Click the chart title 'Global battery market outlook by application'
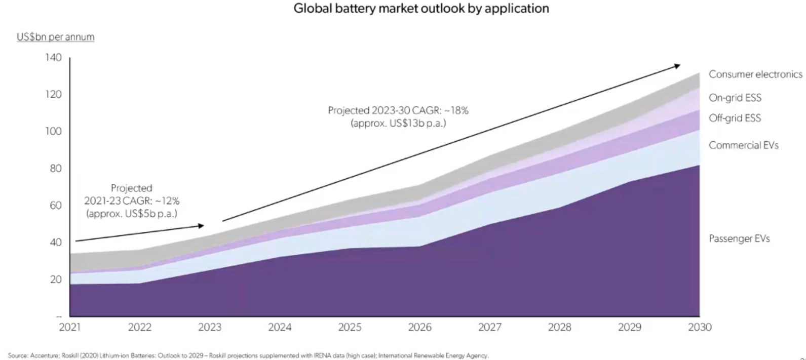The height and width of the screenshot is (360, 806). point(421,9)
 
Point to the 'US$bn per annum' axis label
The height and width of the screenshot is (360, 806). point(55,37)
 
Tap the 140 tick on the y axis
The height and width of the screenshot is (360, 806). point(53,57)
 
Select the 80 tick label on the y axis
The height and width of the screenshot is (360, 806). point(55,168)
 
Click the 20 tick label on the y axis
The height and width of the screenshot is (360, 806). point(55,279)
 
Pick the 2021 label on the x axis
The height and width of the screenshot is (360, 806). point(69,327)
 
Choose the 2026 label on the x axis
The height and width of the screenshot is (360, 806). point(419,327)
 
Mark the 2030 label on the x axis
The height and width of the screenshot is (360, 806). point(699,327)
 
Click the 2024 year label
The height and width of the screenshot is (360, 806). point(280,327)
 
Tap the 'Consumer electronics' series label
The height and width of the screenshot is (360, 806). point(755,74)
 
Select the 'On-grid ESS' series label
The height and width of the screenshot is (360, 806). point(735,98)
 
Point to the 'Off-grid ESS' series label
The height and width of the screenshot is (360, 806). point(735,118)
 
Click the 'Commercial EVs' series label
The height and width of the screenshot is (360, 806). point(743,145)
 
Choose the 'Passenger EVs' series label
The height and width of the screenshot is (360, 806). point(739,238)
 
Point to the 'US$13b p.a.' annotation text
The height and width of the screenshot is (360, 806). point(417,123)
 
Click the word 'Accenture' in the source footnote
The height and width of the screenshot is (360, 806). point(40,356)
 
